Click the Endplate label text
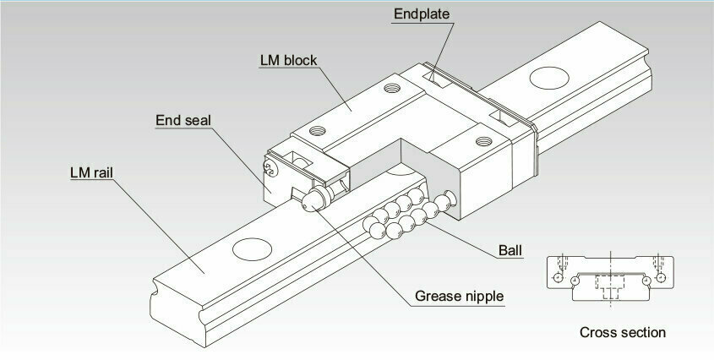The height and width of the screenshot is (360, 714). click(421, 14)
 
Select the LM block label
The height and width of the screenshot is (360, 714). click(288, 60)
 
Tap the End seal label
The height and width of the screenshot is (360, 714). click(183, 120)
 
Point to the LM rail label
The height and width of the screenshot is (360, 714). click(91, 172)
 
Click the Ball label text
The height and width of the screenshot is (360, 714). click(510, 250)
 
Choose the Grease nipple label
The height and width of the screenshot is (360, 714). click(459, 297)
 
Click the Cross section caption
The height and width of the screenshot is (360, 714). click(623, 332)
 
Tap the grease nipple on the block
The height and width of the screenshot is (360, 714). click(318, 199)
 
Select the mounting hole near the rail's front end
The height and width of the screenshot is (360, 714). click(252, 249)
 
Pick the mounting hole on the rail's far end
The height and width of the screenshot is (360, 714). click(549, 78)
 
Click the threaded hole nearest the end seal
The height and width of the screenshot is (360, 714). click(318, 131)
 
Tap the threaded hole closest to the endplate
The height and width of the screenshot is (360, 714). click(392, 88)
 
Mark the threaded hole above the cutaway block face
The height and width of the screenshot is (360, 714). click(483, 141)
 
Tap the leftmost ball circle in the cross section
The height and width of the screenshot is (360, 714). click(559, 277)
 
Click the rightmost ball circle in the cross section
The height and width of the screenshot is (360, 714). click(661, 277)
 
